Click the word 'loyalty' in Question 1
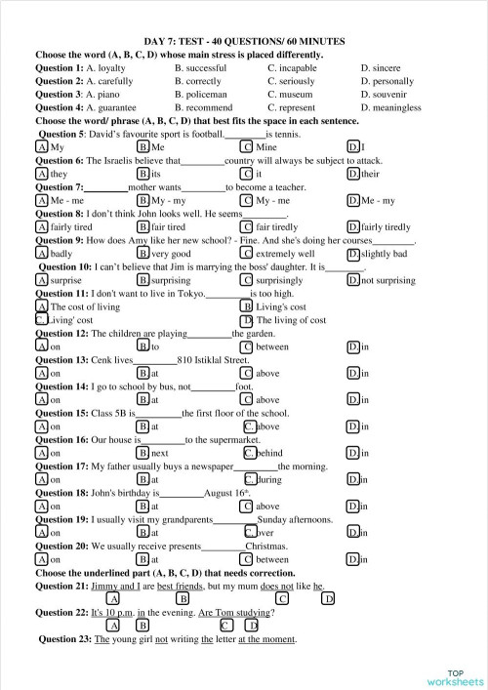[110, 67]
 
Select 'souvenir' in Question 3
[391, 95]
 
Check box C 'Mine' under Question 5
[248, 146]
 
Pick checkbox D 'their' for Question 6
[353, 174]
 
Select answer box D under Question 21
[329, 598]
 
